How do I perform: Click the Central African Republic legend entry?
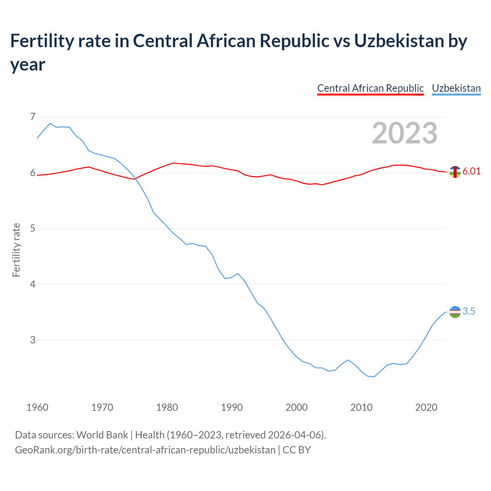pos(370,88)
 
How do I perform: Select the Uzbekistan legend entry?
pos(456,88)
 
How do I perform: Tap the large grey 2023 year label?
pos(405,133)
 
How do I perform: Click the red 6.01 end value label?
pos(471,171)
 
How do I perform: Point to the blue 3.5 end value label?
pos(469,311)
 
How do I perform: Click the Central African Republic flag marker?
pos(455,172)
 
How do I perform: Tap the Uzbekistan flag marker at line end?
pos(455,312)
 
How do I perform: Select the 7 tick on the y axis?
pos(33,117)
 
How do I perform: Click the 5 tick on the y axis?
pos(33,229)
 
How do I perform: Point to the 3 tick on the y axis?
pos(33,340)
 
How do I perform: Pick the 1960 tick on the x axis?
pos(37,407)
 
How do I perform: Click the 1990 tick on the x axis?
pos(232,407)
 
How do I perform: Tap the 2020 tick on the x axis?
pos(426,407)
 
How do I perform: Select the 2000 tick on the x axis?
pos(297,407)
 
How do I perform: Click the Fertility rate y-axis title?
pos(16,250)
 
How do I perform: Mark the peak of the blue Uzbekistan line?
pos(50,124)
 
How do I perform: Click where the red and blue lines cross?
pos(135,179)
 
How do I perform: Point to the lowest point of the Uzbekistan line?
pos(374,377)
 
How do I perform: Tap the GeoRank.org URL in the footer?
pos(145,450)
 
